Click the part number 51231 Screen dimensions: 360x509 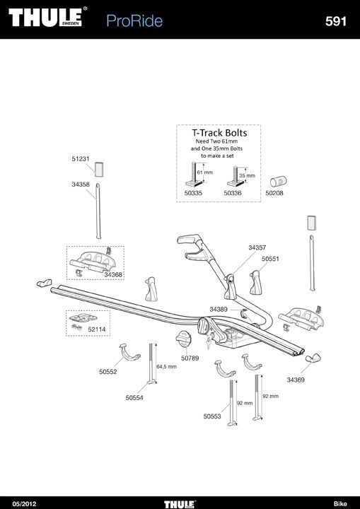pyautogui.click(x=81, y=159)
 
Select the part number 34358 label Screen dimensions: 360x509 pyautogui.click(x=81, y=185)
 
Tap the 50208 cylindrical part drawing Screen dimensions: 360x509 pyautogui.click(x=279, y=181)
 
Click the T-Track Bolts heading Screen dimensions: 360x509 pyautogui.click(x=219, y=132)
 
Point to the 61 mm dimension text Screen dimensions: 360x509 pyautogui.click(x=204, y=172)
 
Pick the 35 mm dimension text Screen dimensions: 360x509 pyautogui.click(x=248, y=175)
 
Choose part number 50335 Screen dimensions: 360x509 pyautogui.click(x=193, y=193)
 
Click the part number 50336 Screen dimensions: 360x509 pyautogui.click(x=233, y=193)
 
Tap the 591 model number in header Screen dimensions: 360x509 pyautogui.click(x=336, y=21)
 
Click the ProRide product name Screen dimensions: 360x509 pyautogui.click(x=134, y=21)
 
